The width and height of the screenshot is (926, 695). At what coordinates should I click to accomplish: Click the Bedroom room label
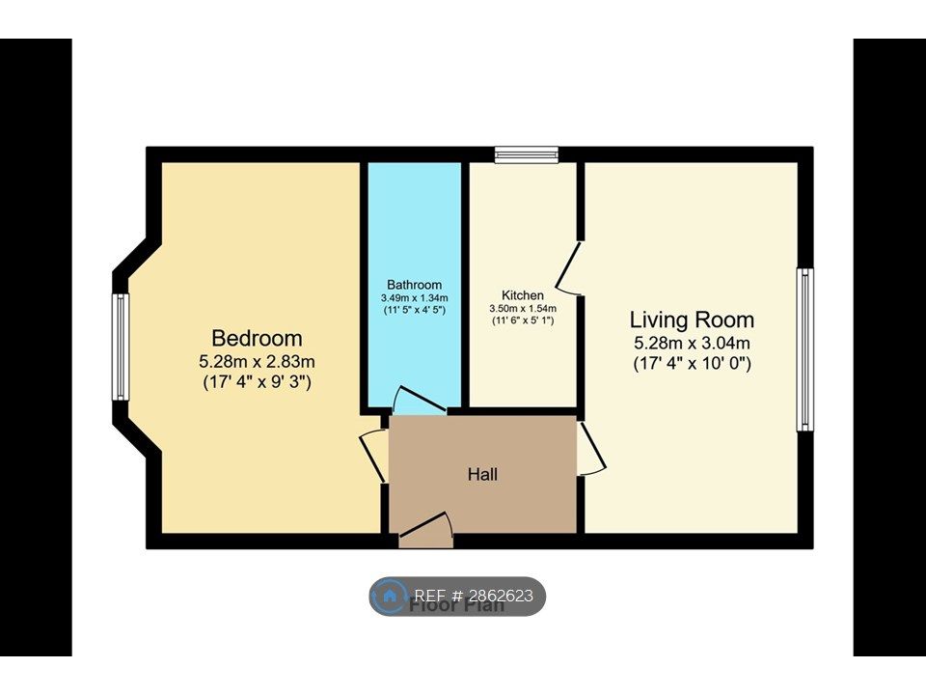(x=257, y=339)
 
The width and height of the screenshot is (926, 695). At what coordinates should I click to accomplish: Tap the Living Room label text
(x=692, y=320)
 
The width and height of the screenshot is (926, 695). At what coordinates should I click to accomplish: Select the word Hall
(x=482, y=474)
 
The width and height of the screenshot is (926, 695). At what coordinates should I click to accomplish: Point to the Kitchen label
(x=523, y=295)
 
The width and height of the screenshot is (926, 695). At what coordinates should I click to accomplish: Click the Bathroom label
(x=414, y=285)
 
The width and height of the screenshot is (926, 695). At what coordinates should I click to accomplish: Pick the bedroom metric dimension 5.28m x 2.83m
(x=257, y=362)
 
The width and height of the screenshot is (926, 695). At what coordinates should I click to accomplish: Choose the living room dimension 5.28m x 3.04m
(x=692, y=343)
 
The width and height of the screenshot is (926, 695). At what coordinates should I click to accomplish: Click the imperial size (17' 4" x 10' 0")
(x=692, y=364)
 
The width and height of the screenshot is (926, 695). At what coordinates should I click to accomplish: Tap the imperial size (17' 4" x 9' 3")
(x=257, y=382)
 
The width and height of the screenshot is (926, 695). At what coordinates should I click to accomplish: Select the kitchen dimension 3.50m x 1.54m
(x=523, y=308)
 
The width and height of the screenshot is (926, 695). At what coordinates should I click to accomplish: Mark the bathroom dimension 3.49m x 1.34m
(x=414, y=297)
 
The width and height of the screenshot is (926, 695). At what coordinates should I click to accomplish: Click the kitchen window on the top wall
(x=527, y=154)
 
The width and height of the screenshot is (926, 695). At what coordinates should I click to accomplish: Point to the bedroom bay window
(x=121, y=347)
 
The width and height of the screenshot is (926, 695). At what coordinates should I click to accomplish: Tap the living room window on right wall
(x=804, y=349)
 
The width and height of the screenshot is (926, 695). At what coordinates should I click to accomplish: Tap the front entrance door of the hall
(x=425, y=528)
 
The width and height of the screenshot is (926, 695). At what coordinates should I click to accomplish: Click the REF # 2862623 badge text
(x=473, y=596)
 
